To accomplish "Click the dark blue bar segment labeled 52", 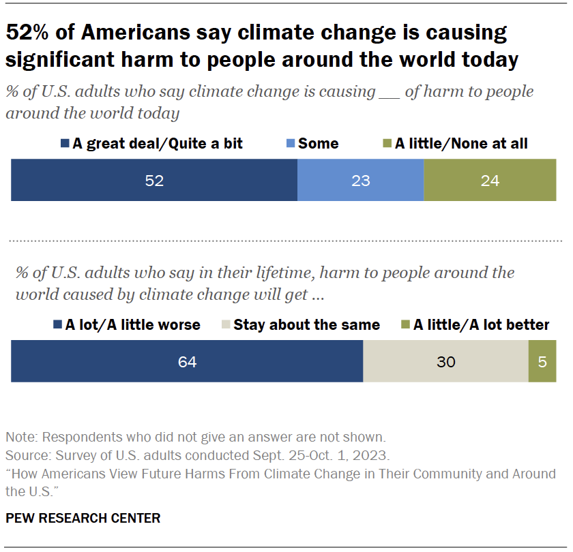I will [x=154, y=181].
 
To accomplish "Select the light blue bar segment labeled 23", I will [x=360, y=181].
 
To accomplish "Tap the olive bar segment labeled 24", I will [x=490, y=181].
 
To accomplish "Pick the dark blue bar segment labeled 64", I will [x=187, y=362].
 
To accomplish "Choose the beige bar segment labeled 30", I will [x=445, y=362].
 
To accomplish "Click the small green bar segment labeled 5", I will [x=542, y=362].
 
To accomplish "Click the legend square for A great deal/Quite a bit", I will [x=65, y=144].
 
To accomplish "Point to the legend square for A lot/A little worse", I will [x=57, y=325].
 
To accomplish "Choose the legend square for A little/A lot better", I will [x=406, y=325].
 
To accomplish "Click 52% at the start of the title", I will [x=29, y=33].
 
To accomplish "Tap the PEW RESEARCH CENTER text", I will [x=83, y=519].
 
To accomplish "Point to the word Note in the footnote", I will [x=18, y=437].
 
